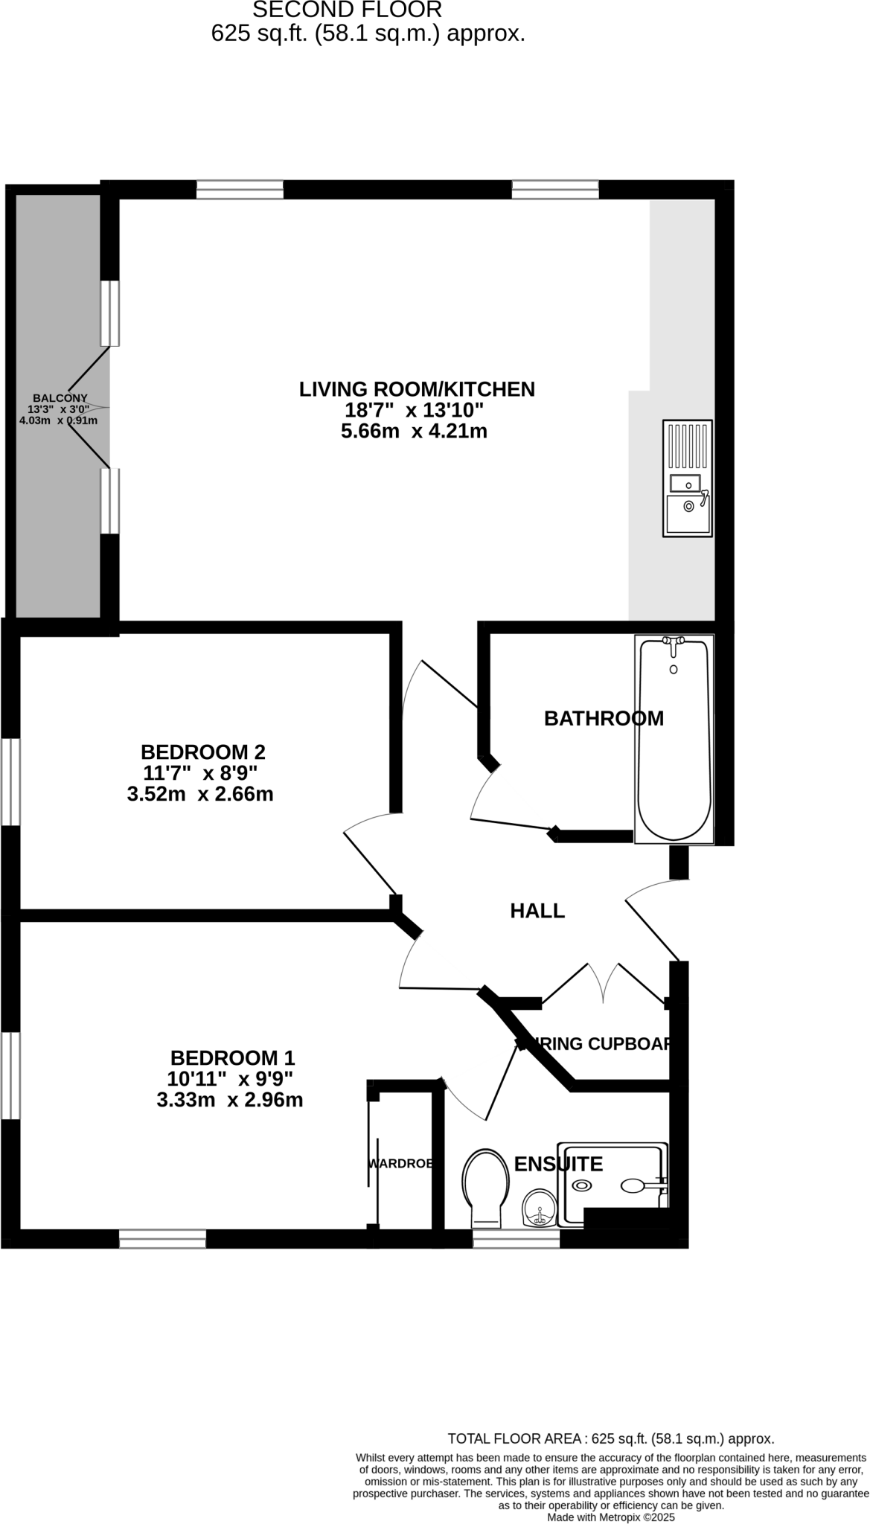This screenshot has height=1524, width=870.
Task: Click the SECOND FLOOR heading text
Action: (348, 10)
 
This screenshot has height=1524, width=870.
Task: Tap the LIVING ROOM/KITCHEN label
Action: (417, 389)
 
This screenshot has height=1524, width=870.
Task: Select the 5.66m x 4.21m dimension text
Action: (414, 431)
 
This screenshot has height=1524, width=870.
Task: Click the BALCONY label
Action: (60, 398)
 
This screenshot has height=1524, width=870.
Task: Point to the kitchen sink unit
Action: (687, 478)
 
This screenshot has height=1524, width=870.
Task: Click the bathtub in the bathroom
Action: (674, 740)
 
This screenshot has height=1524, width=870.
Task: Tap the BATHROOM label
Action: (604, 718)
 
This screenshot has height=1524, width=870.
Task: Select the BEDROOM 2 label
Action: (203, 752)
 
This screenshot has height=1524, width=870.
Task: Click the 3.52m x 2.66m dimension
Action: (200, 794)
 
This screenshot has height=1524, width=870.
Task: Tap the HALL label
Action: (537, 911)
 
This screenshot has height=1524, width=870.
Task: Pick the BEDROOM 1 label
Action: (232, 1057)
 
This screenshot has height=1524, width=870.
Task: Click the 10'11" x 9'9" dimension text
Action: (230, 1078)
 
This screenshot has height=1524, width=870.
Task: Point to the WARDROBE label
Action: (400, 1163)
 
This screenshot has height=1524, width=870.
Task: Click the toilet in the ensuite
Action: (484, 1188)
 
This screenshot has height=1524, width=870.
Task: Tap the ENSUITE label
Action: (558, 1164)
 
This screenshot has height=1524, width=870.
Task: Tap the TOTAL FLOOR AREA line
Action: (610, 1438)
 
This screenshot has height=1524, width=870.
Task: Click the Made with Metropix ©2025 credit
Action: (610, 1517)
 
